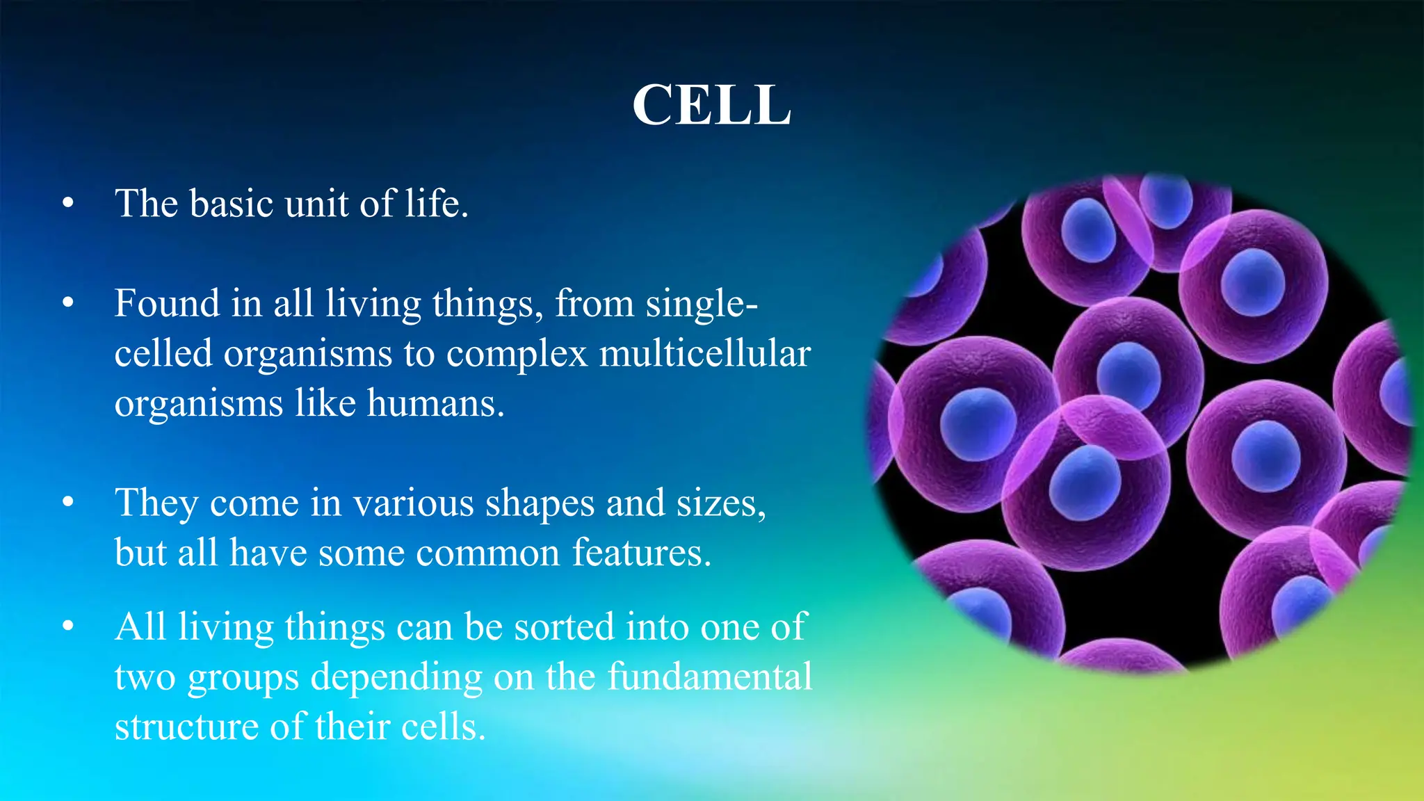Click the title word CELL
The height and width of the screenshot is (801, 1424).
[x=711, y=106]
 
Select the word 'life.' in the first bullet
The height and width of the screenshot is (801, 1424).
[x=437, y=204]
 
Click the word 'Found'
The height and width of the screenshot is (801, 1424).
[x=167, y=304]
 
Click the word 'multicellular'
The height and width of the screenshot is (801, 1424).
[x=704, y=353]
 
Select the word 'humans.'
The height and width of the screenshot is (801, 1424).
[x=435, y=403]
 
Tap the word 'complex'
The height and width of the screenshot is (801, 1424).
[x=517, y=355]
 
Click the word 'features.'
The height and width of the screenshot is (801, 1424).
[x=642, y=553]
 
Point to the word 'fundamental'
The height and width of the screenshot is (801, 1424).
[x=709, y=677]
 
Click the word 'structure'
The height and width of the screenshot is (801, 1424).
[x=187, y=727]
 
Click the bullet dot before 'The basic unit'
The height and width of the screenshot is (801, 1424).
[x=67, y=204]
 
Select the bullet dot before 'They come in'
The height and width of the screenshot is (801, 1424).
[x=67, y=503]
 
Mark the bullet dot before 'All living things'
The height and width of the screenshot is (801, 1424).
[x=67, y=627]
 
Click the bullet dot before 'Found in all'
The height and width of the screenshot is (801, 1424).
[x=67, y=304]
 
